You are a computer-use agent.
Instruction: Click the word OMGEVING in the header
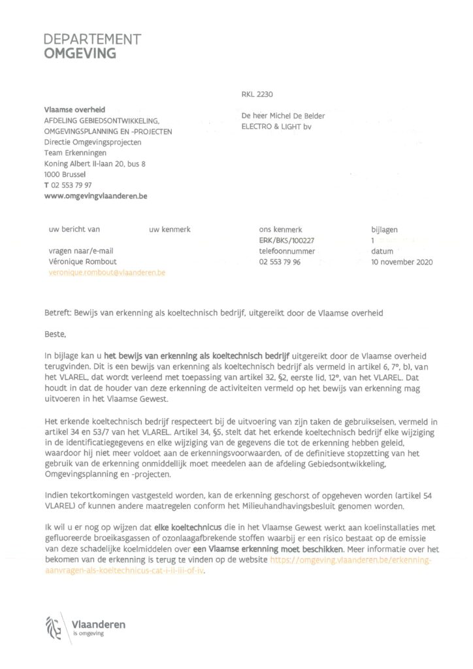(80, 54)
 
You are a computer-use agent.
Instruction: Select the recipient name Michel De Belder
(301, 116)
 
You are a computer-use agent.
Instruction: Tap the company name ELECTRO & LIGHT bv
(277, 127)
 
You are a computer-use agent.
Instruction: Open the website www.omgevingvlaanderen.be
(95, 196)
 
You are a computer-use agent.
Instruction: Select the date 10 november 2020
(402, 262)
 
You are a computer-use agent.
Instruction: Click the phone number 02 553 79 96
(280, 262)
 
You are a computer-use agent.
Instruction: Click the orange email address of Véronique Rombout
(107, 272)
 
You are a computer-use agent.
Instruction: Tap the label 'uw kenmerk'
(169, 230)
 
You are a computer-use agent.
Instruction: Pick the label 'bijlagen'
(384, 230)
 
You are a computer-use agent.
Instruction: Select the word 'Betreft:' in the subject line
(57, 313)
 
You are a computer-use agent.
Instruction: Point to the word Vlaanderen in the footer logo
(99, 625)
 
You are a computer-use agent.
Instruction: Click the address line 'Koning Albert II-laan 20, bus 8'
(95, 163)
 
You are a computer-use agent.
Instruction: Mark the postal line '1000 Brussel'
(65, 174)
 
